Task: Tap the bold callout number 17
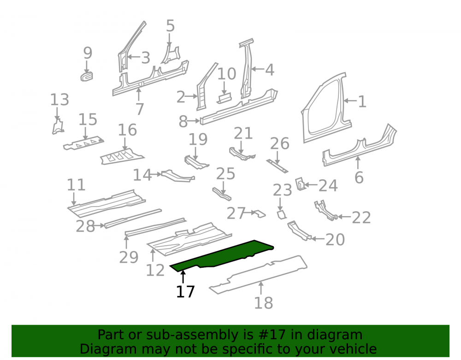(x=185, y=291)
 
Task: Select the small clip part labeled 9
(x=87, y=76)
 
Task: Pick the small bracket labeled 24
(x=301, y=183)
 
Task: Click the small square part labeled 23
(x=281, y=214)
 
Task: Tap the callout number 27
(x=236, y=213)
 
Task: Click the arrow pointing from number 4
(x=258, y=69)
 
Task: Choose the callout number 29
(x=129, y=257)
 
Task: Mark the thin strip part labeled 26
(x=277, y=166)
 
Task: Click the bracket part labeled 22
(x=325, y=210)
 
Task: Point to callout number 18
(x=263, y=303)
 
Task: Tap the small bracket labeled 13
(x=58, y=127)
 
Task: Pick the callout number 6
(x=359, y=177)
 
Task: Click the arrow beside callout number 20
(x=318, y=239)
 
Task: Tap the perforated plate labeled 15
(x=84, y=143)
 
